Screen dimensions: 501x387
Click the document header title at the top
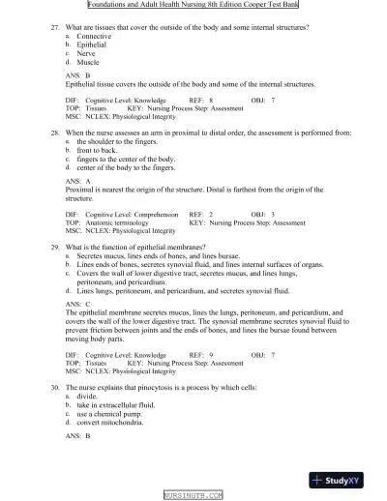(193, 5)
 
